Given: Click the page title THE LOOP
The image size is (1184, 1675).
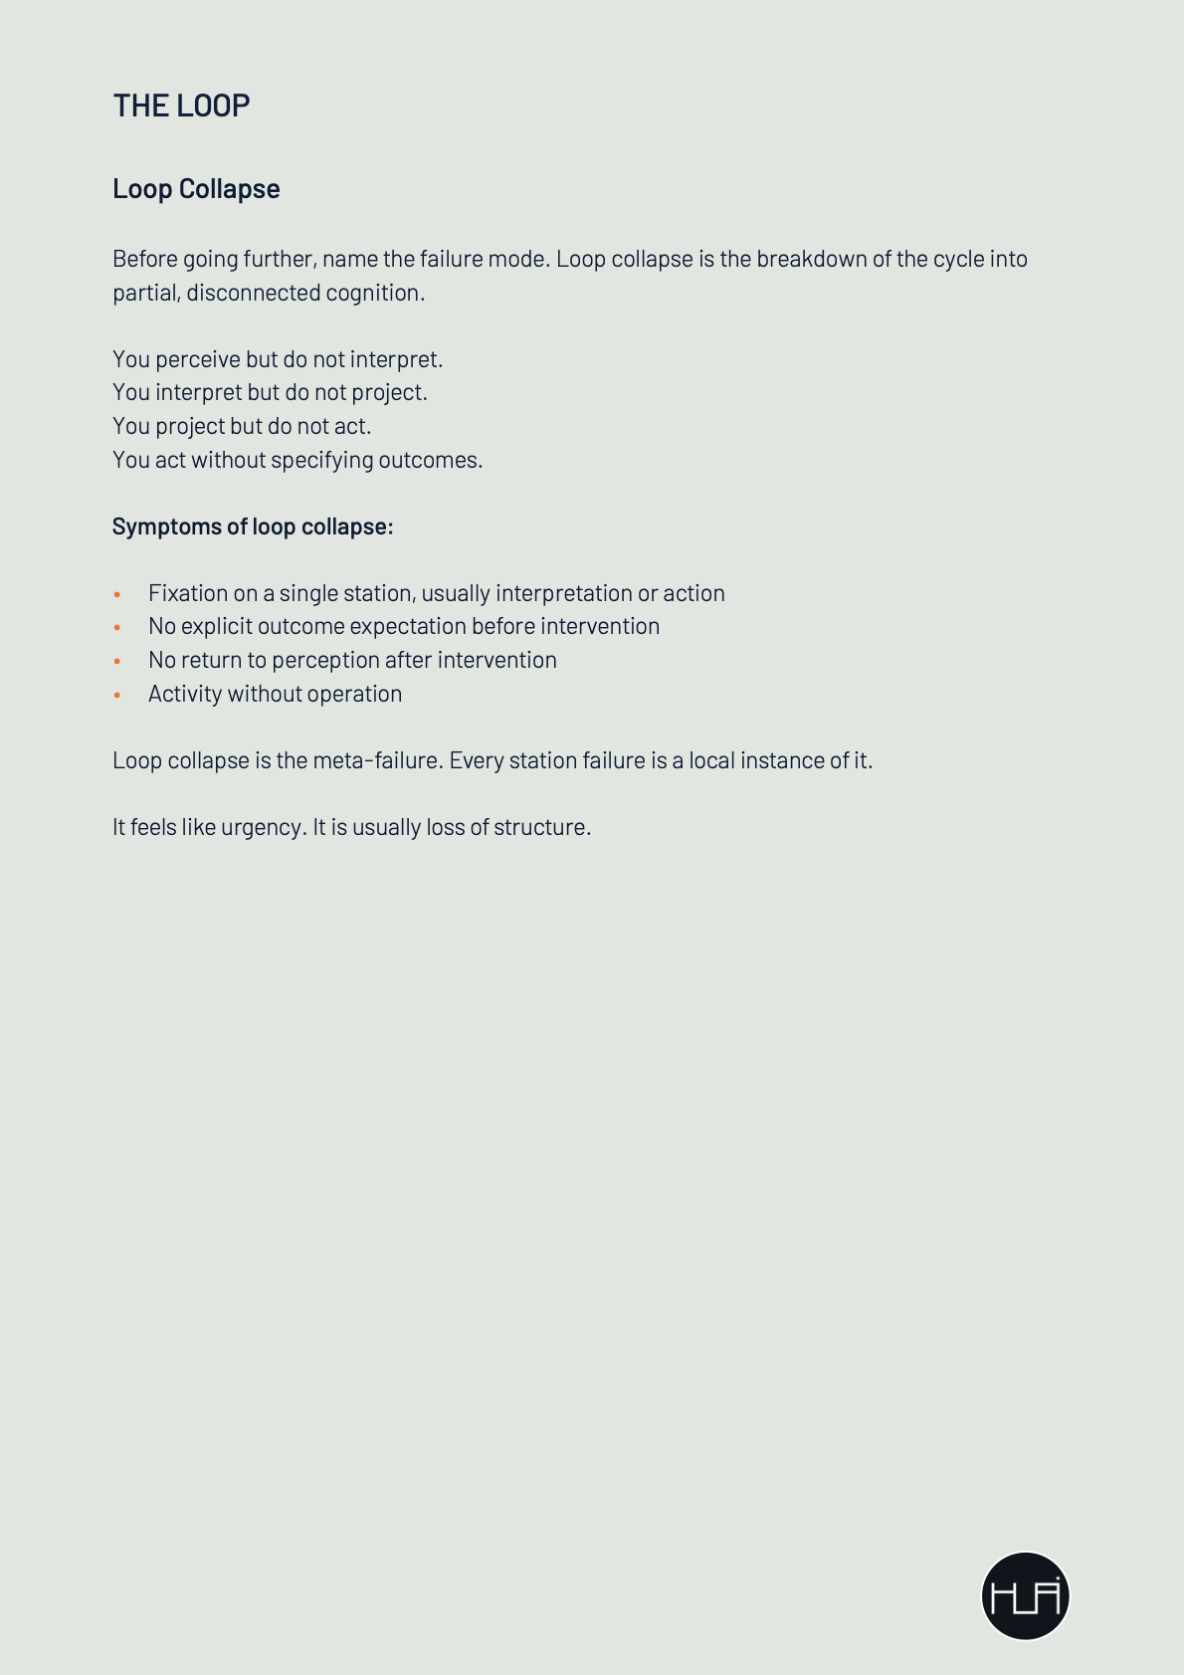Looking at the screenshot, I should pos(181,105).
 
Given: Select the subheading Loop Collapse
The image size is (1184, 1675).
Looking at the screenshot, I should pos(196,189).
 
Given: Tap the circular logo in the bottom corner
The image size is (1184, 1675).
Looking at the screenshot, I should pos(1025,1595).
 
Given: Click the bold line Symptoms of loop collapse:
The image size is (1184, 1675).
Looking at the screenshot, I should pos(253,526).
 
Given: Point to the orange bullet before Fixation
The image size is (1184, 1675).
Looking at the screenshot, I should pos(117,594).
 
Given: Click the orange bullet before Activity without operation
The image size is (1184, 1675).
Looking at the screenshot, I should pos(117,695).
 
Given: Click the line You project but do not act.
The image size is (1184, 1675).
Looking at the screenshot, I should pos(242,426).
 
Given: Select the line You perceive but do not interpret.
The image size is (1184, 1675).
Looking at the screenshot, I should pos(278,359).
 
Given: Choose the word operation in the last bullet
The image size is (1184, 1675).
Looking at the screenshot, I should pos(354,694).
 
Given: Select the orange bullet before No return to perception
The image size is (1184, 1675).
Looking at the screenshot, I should pos(117,661).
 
